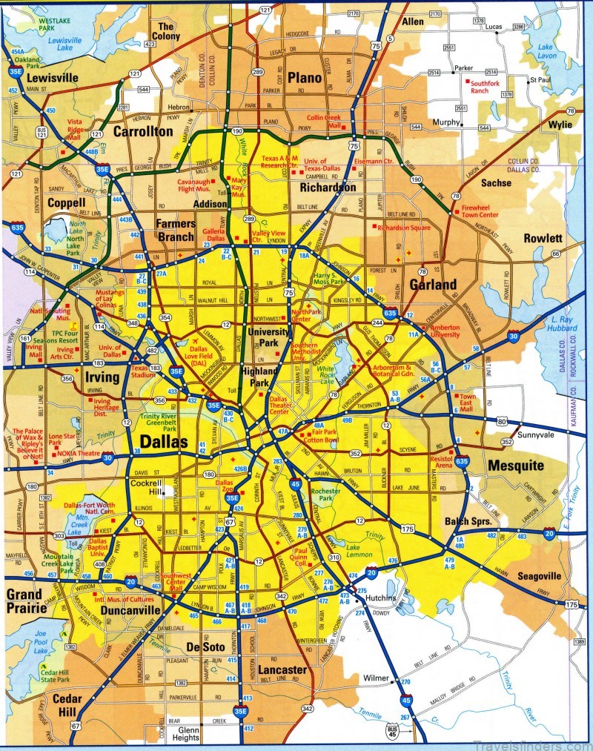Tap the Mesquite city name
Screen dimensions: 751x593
[x=516, y=466]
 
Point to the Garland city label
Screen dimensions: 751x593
[x=434, y=284]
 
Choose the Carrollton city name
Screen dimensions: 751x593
[x=143, y=132]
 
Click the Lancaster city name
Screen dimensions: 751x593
[x=282, y=669]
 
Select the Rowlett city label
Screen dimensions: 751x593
[x=543, y=239]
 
